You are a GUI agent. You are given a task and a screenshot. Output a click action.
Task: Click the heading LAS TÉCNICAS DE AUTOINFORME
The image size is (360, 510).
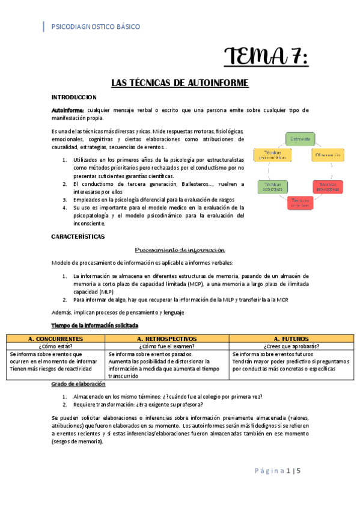click(180, 83)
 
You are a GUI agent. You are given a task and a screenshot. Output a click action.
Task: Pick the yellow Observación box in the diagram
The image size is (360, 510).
click(328, 155)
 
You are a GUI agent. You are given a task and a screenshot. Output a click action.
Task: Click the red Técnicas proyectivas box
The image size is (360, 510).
click(328, 186)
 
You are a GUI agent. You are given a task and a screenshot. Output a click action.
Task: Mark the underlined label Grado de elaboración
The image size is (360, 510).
click(79, 384)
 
